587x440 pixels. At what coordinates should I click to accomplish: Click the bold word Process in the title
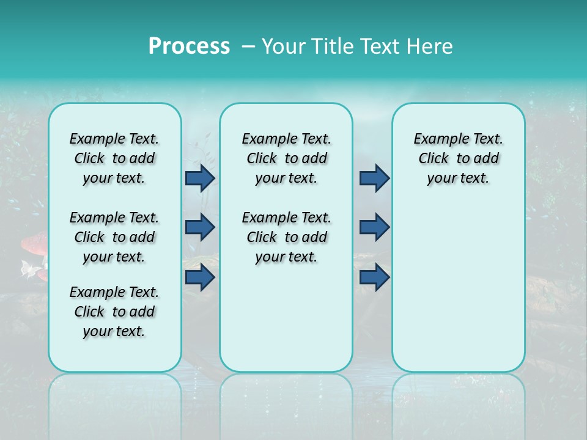click(x=189, y=46)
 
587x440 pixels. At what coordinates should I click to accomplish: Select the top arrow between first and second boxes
click(x=199, y=178)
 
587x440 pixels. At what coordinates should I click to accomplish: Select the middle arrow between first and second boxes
click(x=199, y=227)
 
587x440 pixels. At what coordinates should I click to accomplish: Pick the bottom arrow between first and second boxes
click(x=199, y=277)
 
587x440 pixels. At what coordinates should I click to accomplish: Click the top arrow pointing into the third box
click(x=374, y=178)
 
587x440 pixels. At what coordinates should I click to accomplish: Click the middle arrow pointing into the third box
click(x=374, y=227)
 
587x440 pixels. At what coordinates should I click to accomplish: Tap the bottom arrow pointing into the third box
click(x=374, y=277)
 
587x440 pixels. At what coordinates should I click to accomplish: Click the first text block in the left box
click(x=114, y=158)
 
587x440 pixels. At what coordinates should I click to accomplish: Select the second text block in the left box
click(x=114, y=237)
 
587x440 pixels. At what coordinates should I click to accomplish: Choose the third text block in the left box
click(x=114, y=312)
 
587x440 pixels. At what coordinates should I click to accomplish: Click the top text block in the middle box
click(x=286, y=158)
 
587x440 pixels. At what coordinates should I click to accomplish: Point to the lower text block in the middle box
click(x=286, y=237)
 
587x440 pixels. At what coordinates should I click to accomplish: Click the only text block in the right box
click(x=458, y=158)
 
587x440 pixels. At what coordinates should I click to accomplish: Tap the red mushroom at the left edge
click(x=34, y=244)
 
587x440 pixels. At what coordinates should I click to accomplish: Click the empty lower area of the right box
click(x=458, y=293)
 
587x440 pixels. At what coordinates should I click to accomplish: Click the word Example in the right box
click(x=435, y=139)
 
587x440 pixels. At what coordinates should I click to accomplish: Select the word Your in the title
click(x=284, y=46)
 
